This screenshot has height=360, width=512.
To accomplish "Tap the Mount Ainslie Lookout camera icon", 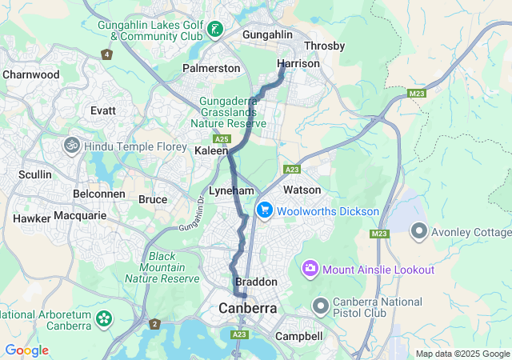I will pos(309,269).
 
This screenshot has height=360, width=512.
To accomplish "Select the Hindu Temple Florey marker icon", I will pos(71,146).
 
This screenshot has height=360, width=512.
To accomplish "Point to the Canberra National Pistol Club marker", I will pos(321,306).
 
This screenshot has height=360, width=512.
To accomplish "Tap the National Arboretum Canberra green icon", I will pos(103,319).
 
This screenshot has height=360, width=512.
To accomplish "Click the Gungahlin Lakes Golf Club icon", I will pos(214,30).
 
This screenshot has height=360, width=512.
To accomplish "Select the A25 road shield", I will pos(211,138).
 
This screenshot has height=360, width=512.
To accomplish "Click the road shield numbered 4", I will pos(106,54).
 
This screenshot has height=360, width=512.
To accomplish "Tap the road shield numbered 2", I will pos(154,324).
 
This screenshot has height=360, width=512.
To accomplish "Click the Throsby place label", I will pos(324,46).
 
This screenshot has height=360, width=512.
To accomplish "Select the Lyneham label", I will pos(231,191).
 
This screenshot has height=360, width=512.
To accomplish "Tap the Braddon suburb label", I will pos(256,282).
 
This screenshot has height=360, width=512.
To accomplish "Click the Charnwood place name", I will pos(31,74).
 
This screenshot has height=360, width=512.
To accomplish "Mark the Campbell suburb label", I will pos(298,337).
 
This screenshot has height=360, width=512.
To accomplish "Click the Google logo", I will pos(27,350).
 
